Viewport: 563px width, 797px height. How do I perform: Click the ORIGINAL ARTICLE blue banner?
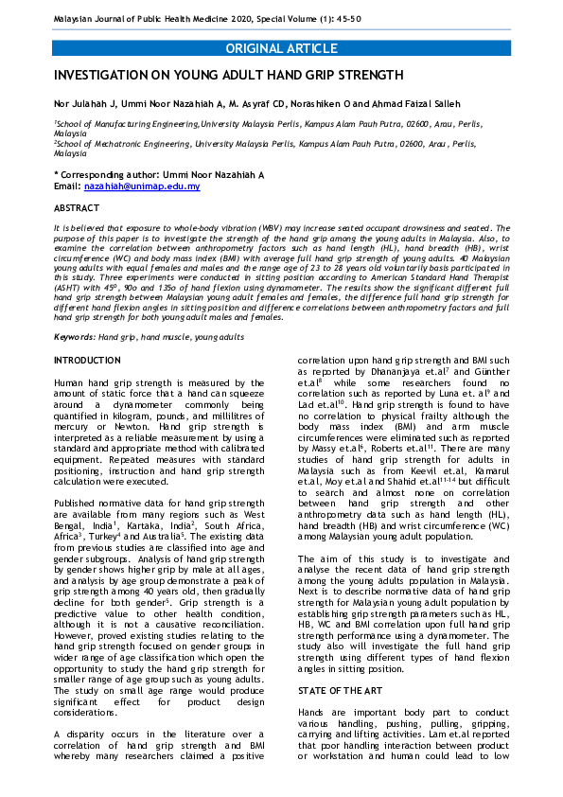[281, 48]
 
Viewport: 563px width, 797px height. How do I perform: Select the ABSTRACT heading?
[76, 207]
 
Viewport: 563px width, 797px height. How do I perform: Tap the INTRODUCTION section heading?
[87, 361]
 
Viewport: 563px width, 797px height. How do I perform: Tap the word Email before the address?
[66, 186]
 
